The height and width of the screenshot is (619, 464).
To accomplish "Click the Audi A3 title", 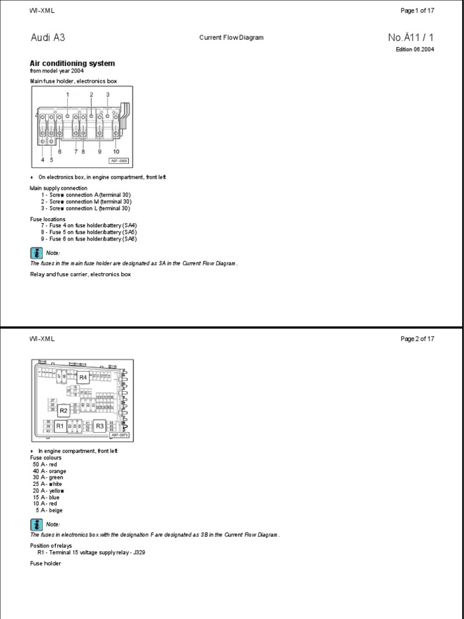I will (x=48, y=37).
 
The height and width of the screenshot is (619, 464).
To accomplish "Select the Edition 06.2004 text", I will (x=414, y=50).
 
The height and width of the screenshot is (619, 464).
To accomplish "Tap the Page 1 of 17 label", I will (x=417, y=11).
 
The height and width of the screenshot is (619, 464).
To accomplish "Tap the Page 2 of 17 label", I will (x=417, y=339).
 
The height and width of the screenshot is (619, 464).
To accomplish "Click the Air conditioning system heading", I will (x=72, y=63).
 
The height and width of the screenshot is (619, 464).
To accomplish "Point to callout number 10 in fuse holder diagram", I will (x=116, y=152).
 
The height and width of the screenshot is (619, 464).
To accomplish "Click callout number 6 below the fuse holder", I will (x=60, y=152).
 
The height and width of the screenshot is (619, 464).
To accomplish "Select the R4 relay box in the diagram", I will (x=83, y=377).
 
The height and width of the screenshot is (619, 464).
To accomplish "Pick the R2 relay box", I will (x=63, y=410).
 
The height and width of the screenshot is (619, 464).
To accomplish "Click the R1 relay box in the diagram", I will (x=60, y=426).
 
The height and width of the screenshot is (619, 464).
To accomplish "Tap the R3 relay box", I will (x=100, y=426).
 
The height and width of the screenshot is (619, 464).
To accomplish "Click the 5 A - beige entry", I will (x=48, y=510).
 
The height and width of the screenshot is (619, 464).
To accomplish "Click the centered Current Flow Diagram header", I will (x=231, y=37).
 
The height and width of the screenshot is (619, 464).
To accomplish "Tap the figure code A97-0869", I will (x=118, y=161).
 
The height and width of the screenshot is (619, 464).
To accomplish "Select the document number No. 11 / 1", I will (x=410, y=37).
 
